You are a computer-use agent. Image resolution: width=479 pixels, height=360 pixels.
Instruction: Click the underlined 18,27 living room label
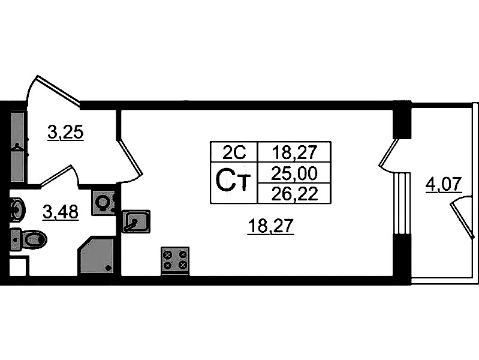coord(272,227)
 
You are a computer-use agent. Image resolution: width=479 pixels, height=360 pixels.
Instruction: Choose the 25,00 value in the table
coord(293,173)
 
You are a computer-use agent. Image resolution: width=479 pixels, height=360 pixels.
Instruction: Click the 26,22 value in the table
coord(293,193)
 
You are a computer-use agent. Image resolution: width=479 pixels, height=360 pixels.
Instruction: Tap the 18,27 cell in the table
coord(293,152)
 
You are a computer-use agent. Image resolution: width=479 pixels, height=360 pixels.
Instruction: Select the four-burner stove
coord(175,260)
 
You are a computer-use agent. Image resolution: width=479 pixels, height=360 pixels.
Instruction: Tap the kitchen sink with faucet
coord(135,221)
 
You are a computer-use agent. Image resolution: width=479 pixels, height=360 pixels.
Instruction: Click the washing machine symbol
coord(103,202)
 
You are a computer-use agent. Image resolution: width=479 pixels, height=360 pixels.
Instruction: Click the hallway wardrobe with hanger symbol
coord(17,144)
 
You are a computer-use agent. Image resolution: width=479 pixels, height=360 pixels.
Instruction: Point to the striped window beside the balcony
coord(402,204)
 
